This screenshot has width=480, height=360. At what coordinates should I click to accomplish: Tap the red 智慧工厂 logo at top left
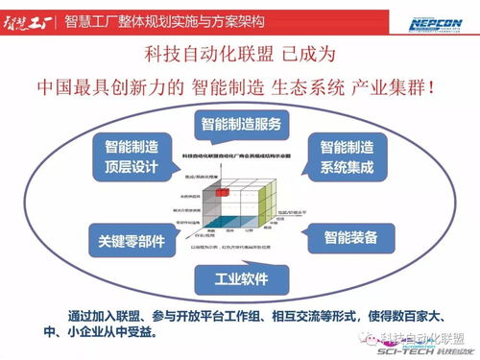pos(26,19)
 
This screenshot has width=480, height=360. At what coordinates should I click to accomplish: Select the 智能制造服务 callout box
pos(240,124)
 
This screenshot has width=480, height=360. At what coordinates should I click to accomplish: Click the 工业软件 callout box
pos(240,279)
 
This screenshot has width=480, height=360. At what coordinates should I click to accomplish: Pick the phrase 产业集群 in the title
pos(403,86)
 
